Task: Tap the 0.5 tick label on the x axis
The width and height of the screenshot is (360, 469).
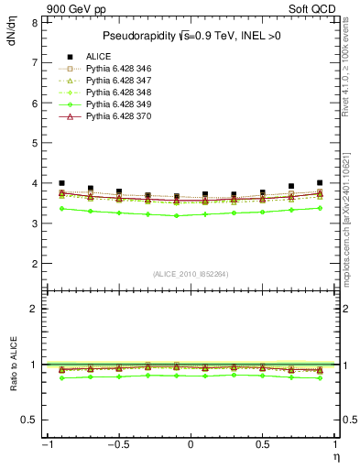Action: [263, 445]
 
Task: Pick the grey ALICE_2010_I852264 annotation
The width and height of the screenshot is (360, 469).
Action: [190, 273]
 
